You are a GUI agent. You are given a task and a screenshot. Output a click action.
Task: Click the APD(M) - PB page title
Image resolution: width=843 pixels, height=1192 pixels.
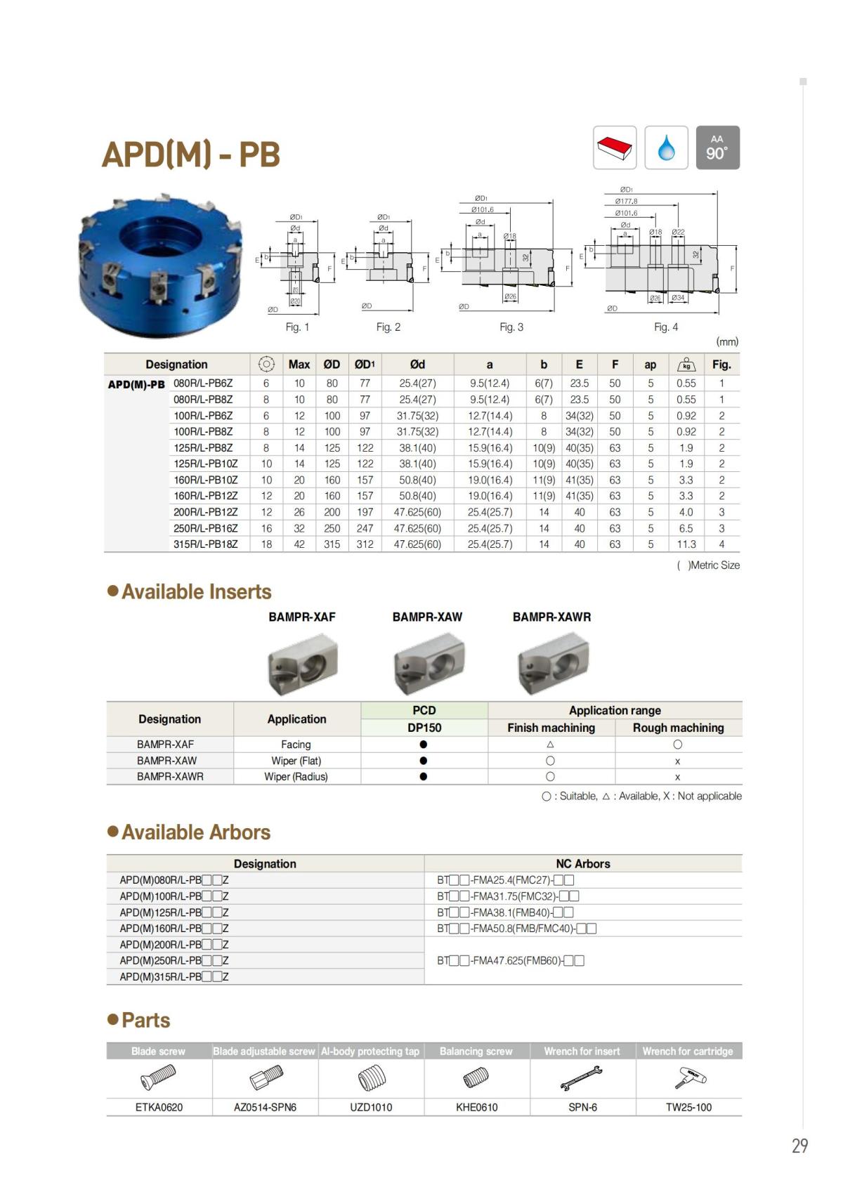click(191, 154)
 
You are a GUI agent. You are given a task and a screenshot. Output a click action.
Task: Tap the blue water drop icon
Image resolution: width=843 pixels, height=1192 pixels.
click(666, 148)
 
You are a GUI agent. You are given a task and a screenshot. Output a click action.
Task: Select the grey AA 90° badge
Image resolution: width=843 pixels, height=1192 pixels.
click(717, 148)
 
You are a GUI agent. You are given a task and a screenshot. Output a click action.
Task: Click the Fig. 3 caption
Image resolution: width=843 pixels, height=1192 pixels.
click(511, 327)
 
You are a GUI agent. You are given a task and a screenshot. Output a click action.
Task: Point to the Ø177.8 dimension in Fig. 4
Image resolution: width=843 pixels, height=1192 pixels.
click(627, 202)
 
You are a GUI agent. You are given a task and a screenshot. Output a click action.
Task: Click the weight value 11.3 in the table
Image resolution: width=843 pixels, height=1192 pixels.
click(686, 544)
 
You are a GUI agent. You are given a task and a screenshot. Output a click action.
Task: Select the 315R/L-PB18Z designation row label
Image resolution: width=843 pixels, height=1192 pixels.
click(205, 544)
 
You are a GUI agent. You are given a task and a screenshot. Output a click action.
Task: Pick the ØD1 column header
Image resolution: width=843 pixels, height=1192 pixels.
click(365, 365)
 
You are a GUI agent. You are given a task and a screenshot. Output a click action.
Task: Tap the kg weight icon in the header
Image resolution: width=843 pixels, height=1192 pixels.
click(686, 365)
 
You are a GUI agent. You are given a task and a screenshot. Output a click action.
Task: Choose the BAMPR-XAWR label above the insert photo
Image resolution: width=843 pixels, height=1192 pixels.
click(551, 617)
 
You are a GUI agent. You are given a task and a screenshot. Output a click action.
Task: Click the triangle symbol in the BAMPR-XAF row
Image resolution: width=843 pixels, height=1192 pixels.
click(550, 745)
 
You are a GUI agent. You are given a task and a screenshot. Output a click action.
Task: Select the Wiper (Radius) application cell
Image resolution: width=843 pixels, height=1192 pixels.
click(296, 777)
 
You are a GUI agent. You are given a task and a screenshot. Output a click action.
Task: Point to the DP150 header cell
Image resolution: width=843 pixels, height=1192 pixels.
click(424, 728)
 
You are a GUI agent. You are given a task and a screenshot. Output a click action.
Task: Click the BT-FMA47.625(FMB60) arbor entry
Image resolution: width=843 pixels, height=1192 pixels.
click(511, 961)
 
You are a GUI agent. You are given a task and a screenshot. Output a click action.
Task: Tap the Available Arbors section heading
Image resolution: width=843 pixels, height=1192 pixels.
click(195, 832)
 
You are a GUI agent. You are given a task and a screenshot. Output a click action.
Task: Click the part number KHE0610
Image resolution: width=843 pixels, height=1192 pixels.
click(476, 1108)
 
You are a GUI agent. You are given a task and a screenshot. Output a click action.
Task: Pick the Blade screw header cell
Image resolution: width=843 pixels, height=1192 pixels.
click(159, 1052)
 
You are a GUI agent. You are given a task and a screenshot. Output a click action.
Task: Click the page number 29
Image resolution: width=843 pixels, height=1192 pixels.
click(799, 1146)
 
